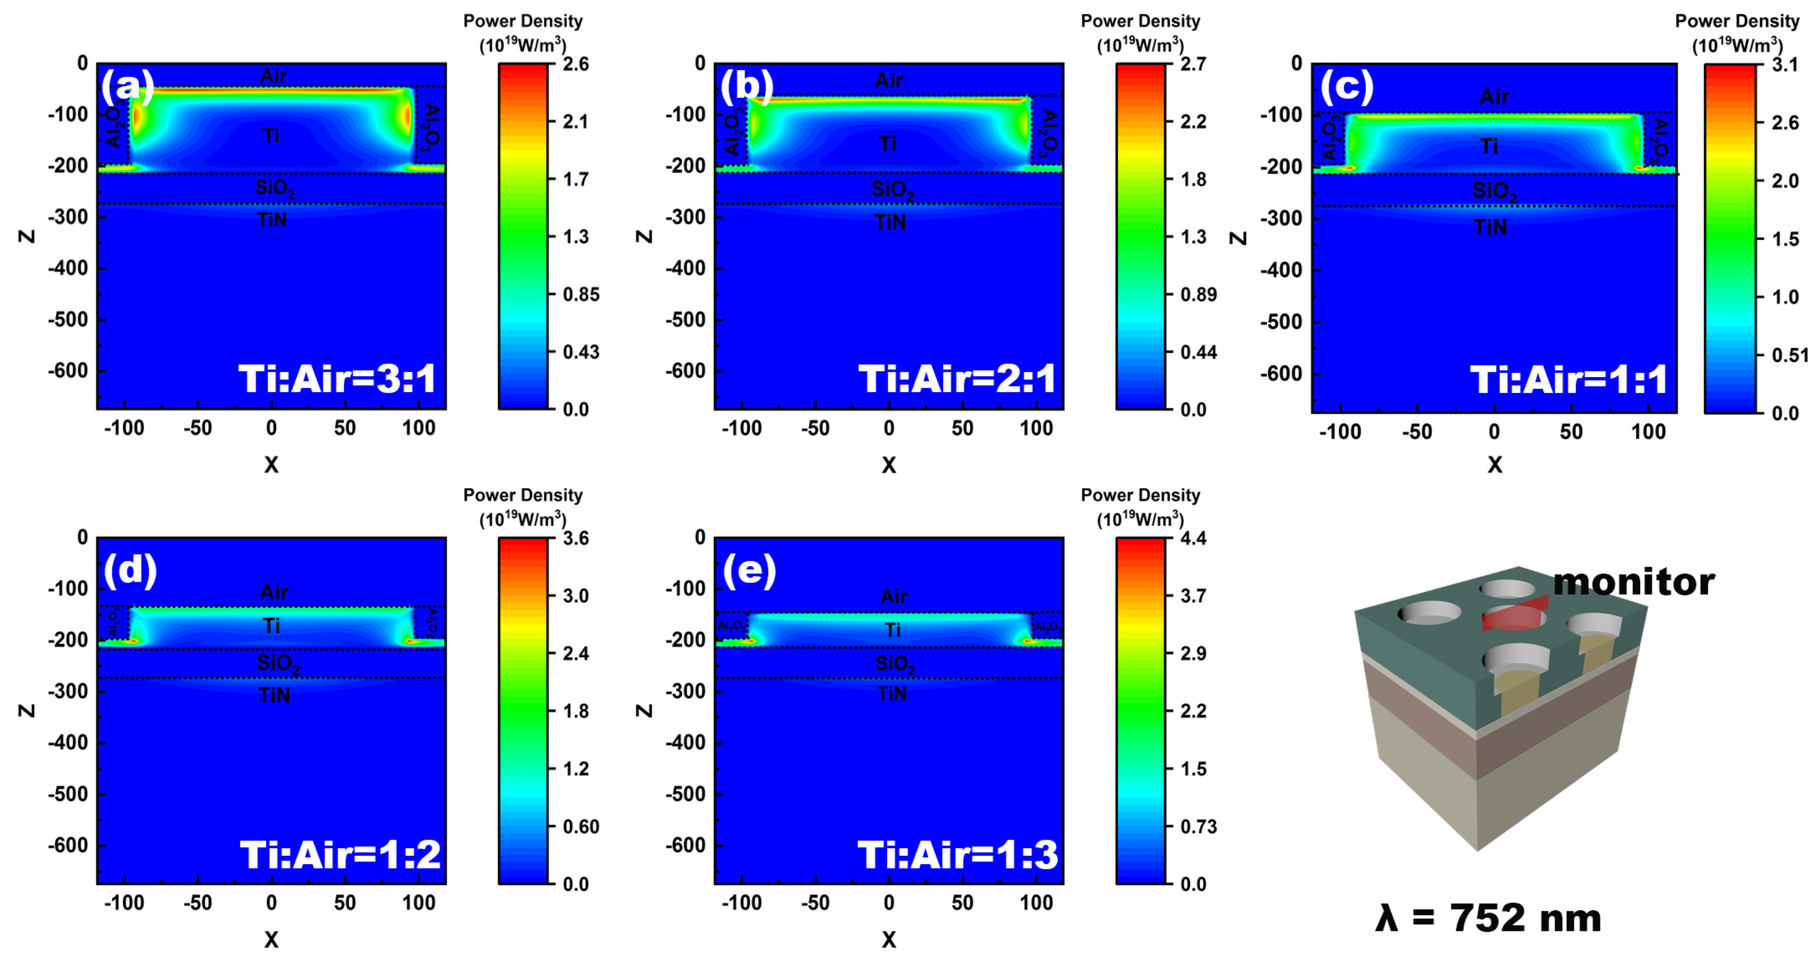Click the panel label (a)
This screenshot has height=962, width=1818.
tap(127, 86)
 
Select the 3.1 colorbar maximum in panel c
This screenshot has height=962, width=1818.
tap(1785, 65)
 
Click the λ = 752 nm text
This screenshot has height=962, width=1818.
tap(1488, 918)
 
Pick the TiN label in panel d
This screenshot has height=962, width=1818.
tap(274, 695)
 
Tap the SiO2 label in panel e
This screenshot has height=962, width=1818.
tap(894, 664)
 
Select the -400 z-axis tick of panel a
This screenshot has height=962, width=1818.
tap(68, 268)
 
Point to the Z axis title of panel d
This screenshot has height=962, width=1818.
tap(27, 710)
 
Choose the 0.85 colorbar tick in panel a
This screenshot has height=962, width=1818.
tap(580, 294)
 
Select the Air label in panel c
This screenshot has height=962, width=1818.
tap(1494, 96)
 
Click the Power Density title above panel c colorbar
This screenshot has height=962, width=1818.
tap(1737, 21)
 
